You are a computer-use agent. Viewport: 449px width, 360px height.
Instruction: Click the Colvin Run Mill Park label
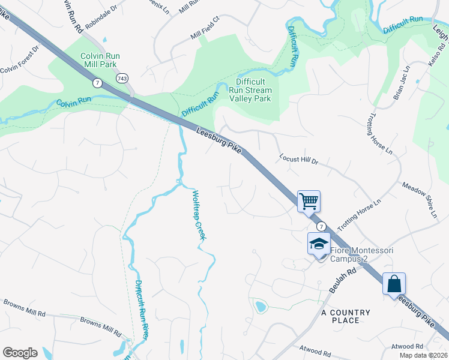click(100, 60)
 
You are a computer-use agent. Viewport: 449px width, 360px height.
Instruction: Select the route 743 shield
click(122, 79)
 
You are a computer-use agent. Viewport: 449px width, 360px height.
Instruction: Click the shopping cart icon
click(309, 200)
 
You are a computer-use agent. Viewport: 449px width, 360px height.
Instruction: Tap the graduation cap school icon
click(319, 244)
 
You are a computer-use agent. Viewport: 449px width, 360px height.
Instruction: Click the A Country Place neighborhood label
click(346, 316)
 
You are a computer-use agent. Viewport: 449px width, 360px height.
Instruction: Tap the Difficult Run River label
click(140, 308)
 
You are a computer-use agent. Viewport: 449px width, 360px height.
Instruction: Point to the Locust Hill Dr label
click(298, 160)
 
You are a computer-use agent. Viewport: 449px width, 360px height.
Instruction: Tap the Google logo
click(20, 352)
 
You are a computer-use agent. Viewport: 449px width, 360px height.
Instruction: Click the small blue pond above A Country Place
click(261, 307)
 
